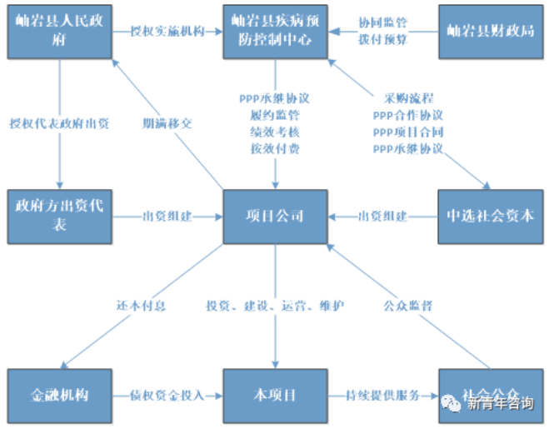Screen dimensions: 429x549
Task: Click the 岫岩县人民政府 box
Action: [59, 31]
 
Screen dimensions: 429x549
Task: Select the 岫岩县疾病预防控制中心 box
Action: [275, 31]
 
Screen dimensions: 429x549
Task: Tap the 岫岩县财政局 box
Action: [491, 31]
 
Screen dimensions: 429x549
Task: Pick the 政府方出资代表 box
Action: [59, 217]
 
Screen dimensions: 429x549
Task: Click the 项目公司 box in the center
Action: [275, 217]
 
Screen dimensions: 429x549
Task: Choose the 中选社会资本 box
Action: [491, 217]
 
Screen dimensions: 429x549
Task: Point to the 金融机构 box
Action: [59, 394]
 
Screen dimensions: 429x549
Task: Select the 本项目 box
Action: [275, 394]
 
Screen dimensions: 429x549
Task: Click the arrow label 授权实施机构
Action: [167, 31]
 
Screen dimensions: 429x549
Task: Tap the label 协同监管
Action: [383, 22]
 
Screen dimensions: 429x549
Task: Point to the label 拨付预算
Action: [383, 38]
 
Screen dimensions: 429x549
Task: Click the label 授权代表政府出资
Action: [59, 123]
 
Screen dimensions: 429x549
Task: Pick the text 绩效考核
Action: [275, 132]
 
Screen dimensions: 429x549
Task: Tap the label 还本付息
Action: [141, 306]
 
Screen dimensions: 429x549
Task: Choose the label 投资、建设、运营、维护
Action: [275, 306]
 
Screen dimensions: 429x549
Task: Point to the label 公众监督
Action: [407, 306]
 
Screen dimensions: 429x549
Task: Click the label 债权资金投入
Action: [167, 395]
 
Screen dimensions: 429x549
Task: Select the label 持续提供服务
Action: [383, 395]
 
